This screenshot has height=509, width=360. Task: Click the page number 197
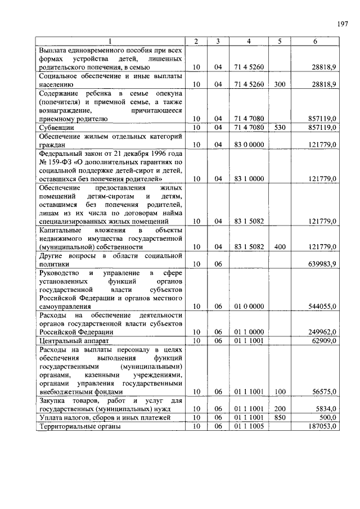point(343,24)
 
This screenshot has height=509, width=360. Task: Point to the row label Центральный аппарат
point(71,340)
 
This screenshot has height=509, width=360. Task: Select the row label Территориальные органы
point(79,427)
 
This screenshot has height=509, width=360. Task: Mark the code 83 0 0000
point(248,145)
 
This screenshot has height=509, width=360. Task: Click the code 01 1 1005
point(248,427)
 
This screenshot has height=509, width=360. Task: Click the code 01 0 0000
point(248,307)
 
